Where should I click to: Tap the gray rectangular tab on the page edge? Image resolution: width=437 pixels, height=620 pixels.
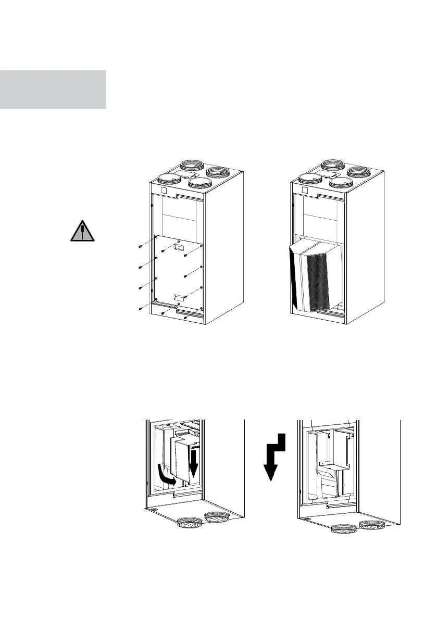click(53, 89)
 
